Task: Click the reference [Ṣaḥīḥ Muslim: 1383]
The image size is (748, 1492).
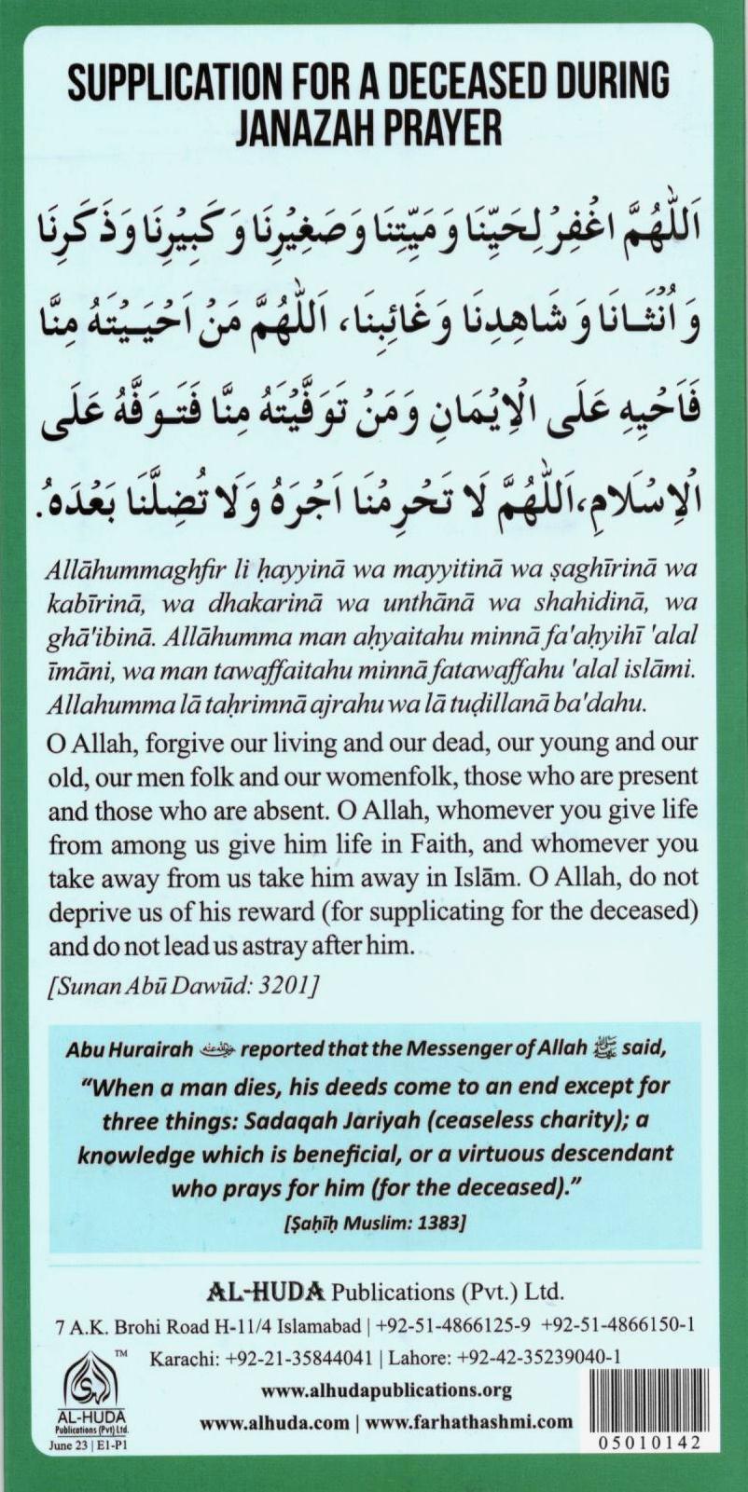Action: pyautogui.click(x=373, y=1222)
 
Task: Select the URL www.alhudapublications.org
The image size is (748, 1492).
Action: pyautogui.click(x=386, y=1390)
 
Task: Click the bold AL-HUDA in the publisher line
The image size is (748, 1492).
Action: pyautogui.click(x=265, y=1292)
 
